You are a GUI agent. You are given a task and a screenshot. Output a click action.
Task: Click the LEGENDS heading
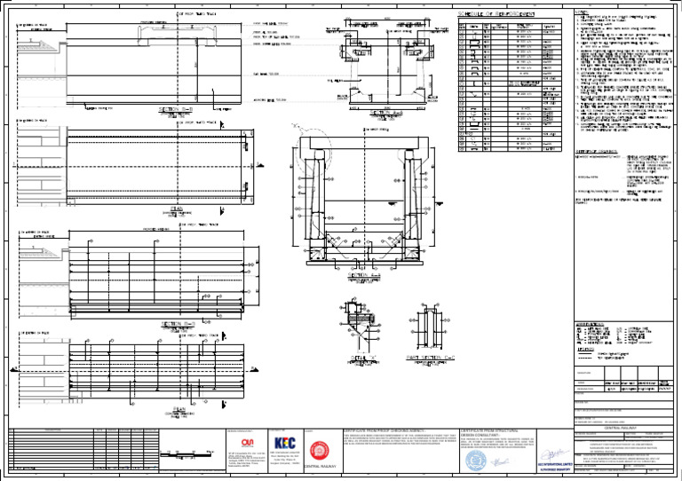coord(586,350)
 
